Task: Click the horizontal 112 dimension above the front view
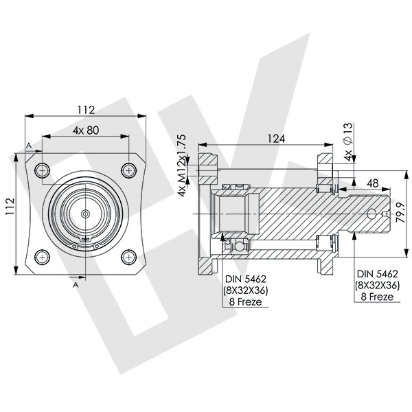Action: click(85, 109)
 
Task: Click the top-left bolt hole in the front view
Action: click(43, 170)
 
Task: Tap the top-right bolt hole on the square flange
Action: click(128, 170)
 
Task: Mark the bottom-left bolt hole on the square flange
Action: click(43, 256)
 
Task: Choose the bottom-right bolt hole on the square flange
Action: click(128, 256)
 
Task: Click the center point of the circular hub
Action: click(86, 214)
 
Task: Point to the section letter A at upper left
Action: click(28, 145)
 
